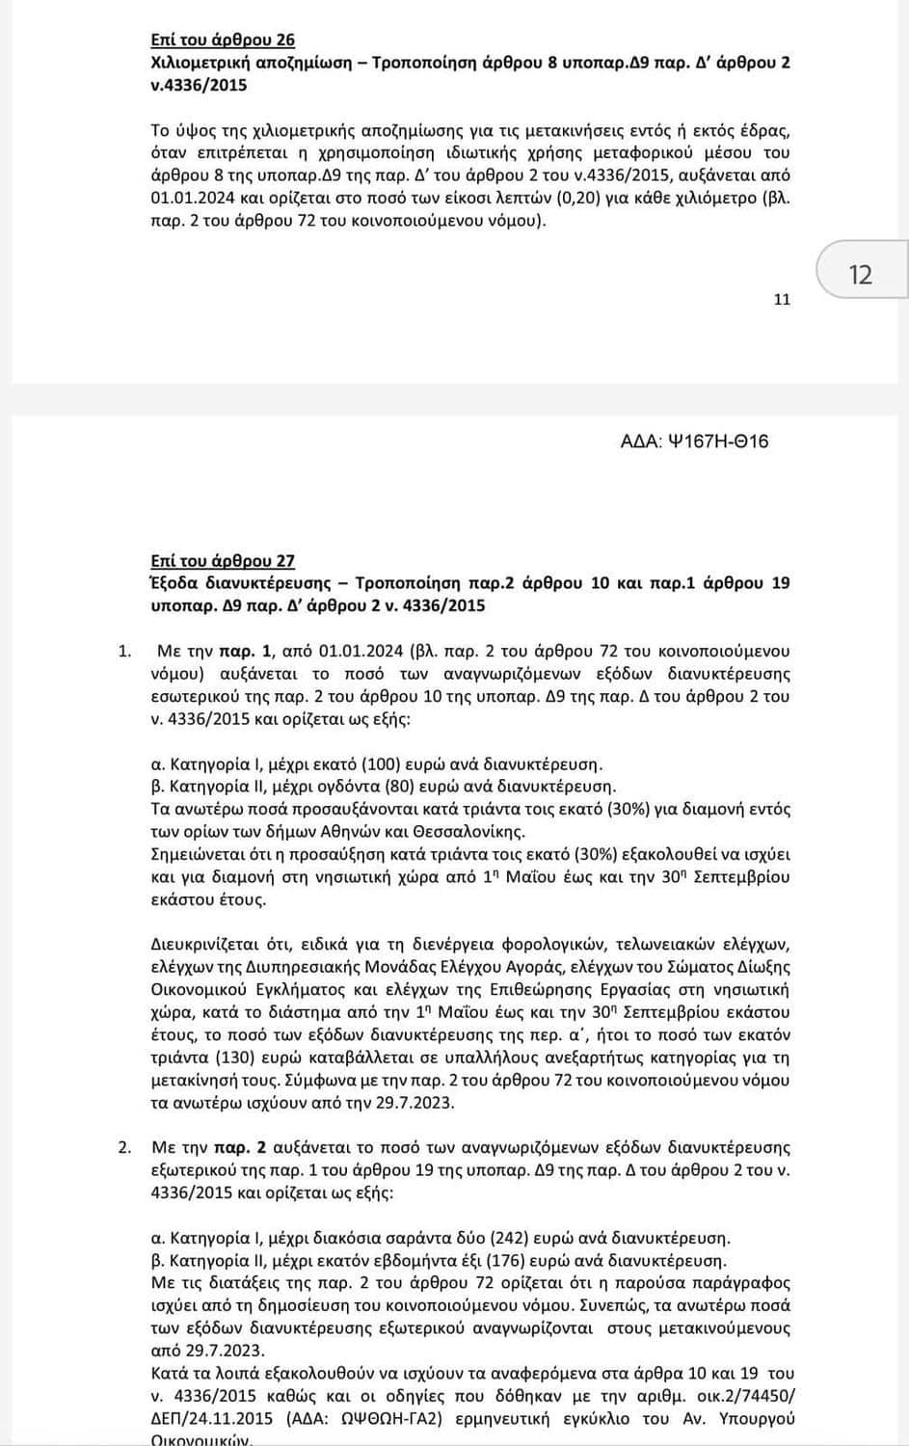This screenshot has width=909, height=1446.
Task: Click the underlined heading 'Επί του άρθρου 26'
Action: click(223, 40)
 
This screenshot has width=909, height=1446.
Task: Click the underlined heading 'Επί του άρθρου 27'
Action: click(223, 561)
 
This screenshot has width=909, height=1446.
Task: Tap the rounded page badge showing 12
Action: click(860, 275)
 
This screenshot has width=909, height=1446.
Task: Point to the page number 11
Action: click(782, 300)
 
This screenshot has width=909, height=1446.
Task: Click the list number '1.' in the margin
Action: click(124, 651)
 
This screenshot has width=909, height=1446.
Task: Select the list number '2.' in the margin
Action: click(124, 1147)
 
